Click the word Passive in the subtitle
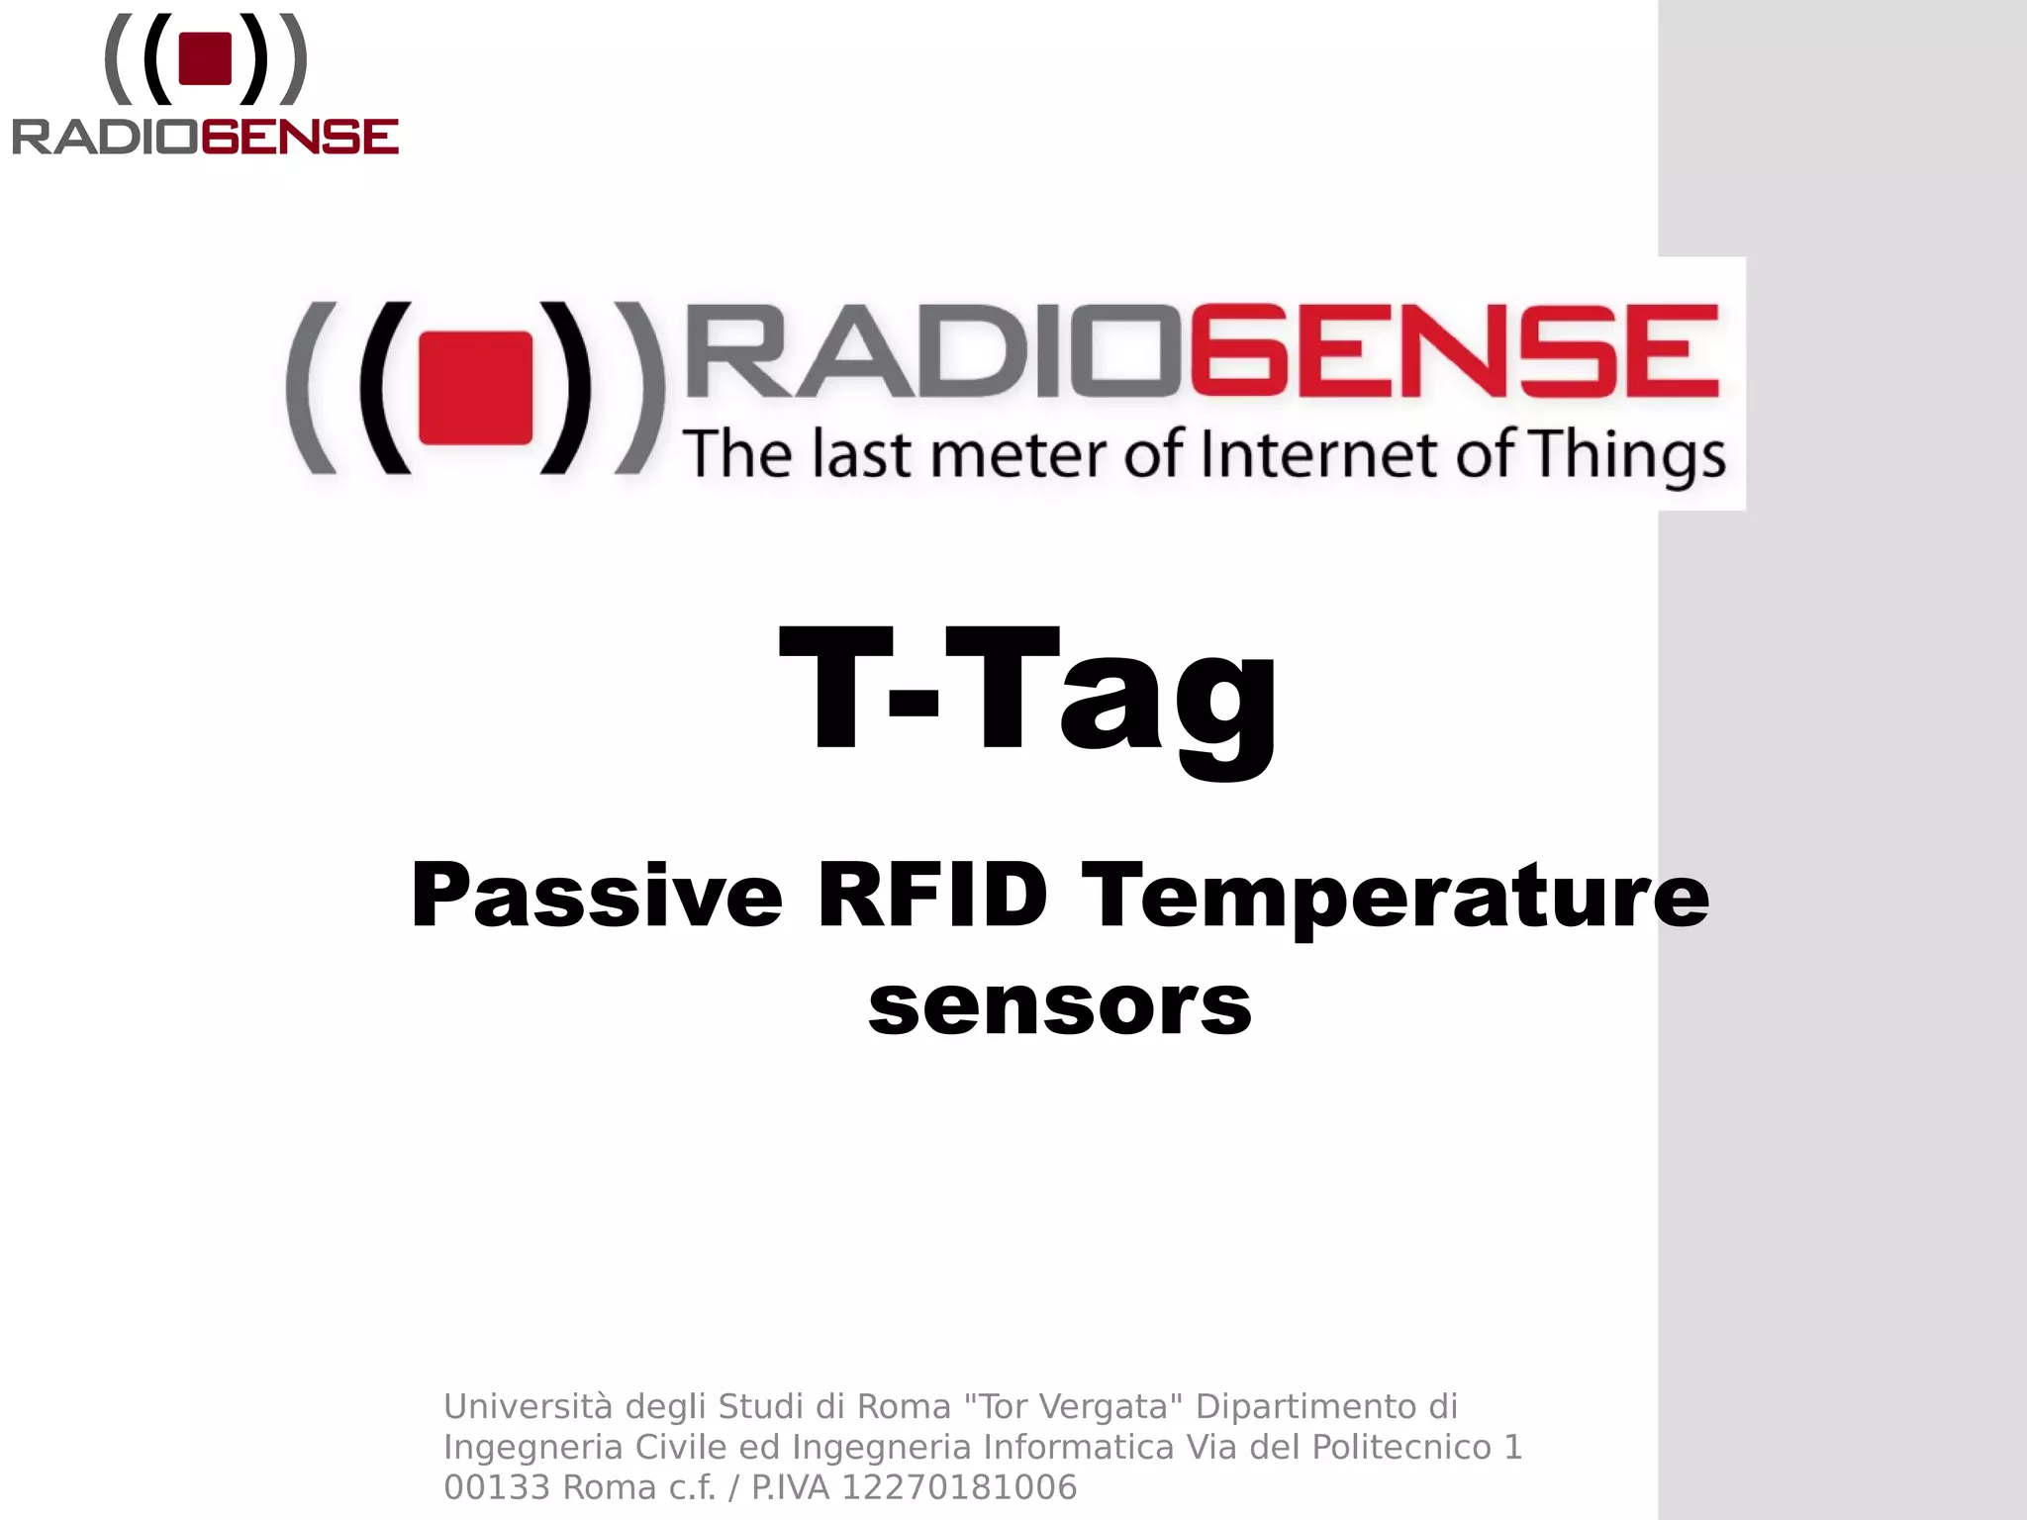597,896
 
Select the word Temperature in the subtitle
1396,896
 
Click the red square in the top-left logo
205,58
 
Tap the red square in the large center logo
476,387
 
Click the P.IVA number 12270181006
958,1487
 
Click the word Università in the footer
529,1406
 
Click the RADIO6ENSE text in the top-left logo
205,137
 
